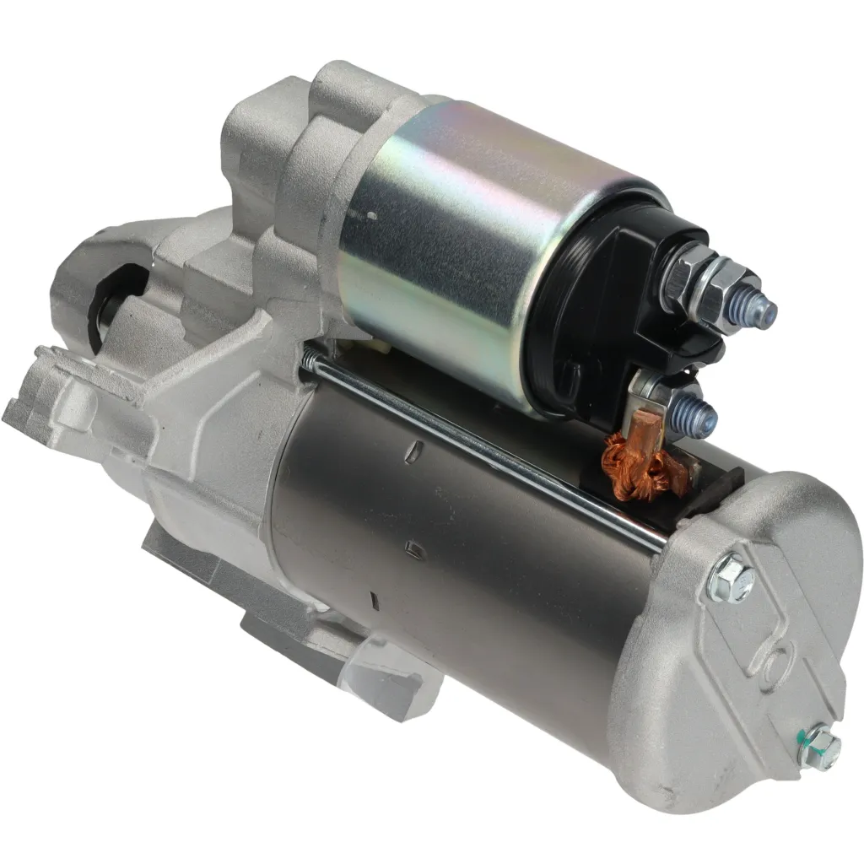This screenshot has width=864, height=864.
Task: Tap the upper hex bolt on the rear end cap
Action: pos(730,580)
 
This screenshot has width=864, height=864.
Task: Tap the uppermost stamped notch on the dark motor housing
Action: pos(410,454)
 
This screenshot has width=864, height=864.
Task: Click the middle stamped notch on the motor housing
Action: pos(413,549)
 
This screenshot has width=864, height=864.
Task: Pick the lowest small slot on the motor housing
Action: pos(372,601)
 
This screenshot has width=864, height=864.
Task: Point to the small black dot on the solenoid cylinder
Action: pos(371,214)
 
